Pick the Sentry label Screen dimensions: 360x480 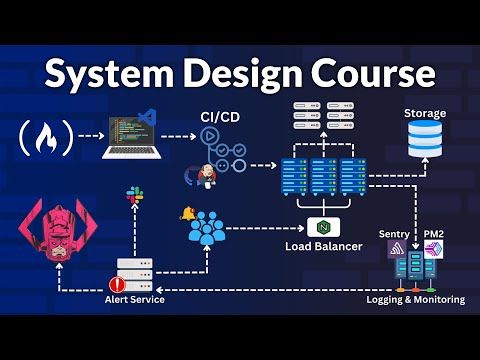tap(393, 233)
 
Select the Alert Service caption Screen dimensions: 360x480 tap(137, 298)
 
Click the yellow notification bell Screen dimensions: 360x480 tap(186, 214)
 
